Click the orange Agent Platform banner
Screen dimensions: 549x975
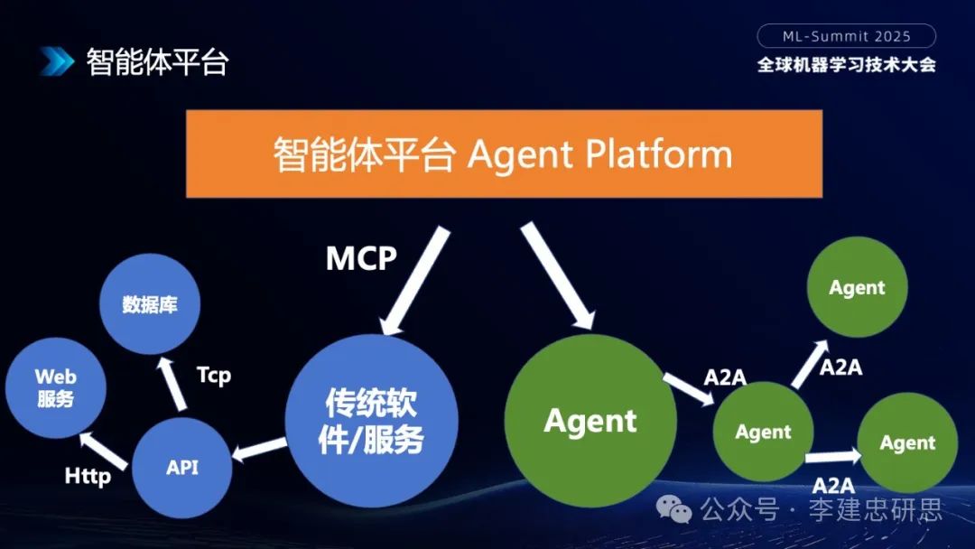coord(504,154)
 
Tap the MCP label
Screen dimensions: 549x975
coord(361,259)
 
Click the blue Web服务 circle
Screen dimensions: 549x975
coord(56,388)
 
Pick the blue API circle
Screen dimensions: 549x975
coord(181,467)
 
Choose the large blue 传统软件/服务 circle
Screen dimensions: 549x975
coord(371,421)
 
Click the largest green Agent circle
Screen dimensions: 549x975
coord(590,421)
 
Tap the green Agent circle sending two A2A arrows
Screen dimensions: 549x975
coord(763,432)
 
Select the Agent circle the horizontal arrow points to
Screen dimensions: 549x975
coord(907,442)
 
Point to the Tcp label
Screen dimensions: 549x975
coord(214,374)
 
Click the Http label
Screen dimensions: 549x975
coord(88,476)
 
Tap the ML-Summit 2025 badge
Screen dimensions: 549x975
coord(846,36)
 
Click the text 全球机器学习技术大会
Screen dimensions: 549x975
coord(846,65)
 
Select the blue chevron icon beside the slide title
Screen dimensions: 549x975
coord(56,61)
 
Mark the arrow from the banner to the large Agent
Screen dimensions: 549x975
coord(557,275)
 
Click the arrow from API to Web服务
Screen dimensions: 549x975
coord(107,445)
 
